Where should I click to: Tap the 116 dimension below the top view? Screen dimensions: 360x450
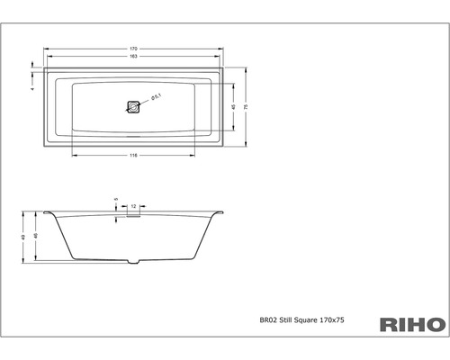(x=134, y=157)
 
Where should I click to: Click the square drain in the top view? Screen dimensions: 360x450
(x=134, y=106)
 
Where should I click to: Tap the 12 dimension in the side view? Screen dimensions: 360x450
(x=133, y=206)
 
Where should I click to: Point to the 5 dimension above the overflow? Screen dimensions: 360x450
(x=116, y=199)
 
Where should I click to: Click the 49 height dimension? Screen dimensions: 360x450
(x=24, y=238)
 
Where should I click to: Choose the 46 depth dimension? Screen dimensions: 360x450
(x=35, y=236)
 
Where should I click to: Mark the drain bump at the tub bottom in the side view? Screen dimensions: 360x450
(x=134, y=262)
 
